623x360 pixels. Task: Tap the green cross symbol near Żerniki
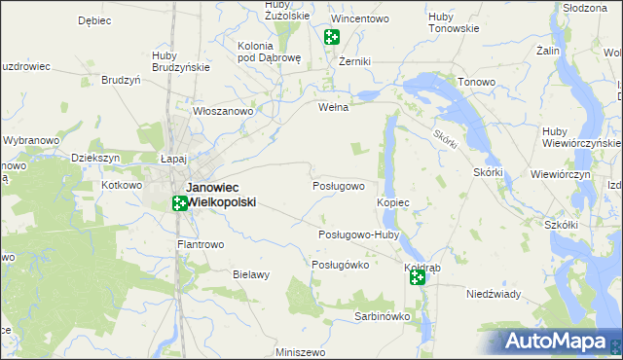coord(331,37)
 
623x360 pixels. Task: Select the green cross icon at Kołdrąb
coord(417,278)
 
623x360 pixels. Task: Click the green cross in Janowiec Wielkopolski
coord(180,203)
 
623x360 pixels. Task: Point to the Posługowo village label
coord(338,186)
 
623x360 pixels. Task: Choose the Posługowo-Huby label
coord(359,234)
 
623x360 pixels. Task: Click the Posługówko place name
coord(340,265)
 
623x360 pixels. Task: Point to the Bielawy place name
coord(250,275)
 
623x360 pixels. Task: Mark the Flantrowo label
coord(201,244)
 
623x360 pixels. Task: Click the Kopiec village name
coord(392,201)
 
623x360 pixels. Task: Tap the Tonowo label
coord(477,83)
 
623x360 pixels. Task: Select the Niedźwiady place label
coord(494,294)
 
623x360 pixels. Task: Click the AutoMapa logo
coord(563,342)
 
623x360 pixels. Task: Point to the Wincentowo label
coord(360,18)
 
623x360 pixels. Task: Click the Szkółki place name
coord(562,225)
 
